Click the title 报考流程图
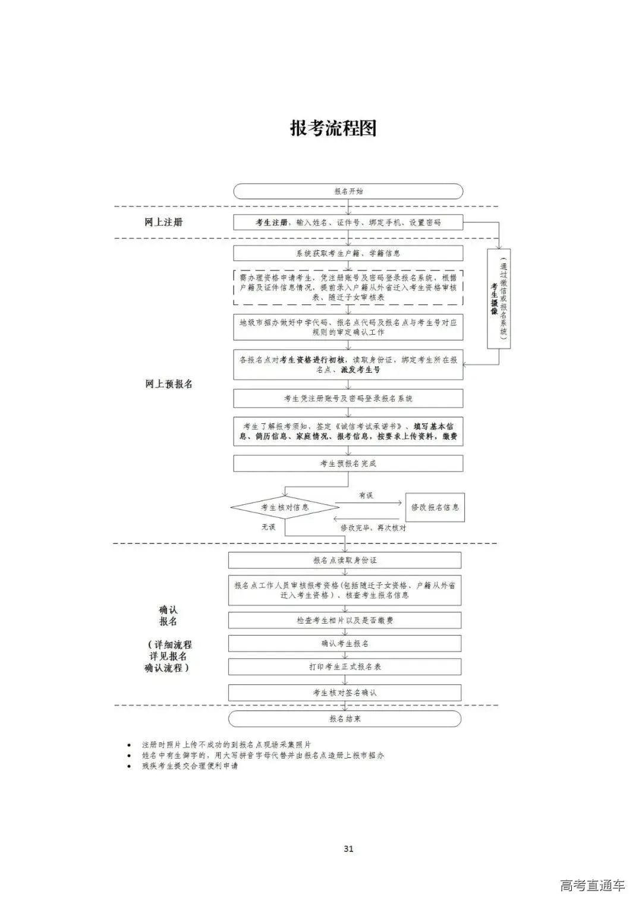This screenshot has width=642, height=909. (x=333, y=128)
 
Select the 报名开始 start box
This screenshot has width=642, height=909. (x=348, y=191)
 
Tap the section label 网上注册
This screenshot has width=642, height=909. (x=163, y=222)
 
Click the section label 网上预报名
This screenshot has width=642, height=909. (x=169, y=384)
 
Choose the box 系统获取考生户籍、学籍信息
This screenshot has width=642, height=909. (x=348, y=253)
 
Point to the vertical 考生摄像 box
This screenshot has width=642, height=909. (x=498, y=298)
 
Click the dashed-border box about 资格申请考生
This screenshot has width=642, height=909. (x=348, y=288)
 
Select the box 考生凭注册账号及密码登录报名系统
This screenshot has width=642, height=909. (x=348, y=398)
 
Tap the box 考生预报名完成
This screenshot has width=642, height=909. (x=348, y=464)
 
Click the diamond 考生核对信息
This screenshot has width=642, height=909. (x=285, y=508)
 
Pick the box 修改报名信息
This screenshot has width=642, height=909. (x=435, y=508)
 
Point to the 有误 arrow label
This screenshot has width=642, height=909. (x=366, y=495)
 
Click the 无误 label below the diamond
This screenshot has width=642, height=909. (x=268, y=527)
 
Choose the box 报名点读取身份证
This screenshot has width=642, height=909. (x=345, y=561)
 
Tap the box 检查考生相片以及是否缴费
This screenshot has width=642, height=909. (x=345, y=621)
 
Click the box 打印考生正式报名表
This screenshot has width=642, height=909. (x=345, y=667)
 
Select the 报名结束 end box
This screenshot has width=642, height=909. (x=345, y=719)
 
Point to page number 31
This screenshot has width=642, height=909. (x=348, y=849)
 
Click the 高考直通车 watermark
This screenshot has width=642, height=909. (x=592, y=886)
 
